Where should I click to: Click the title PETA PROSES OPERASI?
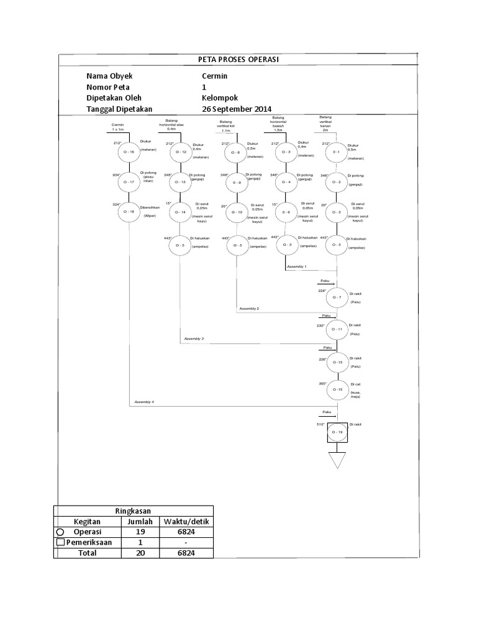(x=238, y=59)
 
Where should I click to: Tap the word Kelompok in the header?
(x=220, y=98)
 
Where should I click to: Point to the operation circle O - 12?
(x=181, y=152)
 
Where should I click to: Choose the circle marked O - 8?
(x=237, y=152)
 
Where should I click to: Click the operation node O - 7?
(x=337, y=298)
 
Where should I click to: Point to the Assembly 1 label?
(x=296, y=266)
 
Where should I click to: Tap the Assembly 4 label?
(x=143, y=402)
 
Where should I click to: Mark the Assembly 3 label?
(x=194, y=338)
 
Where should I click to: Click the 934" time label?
(x=116, y=175)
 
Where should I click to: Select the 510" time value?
(x=321, y=424)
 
